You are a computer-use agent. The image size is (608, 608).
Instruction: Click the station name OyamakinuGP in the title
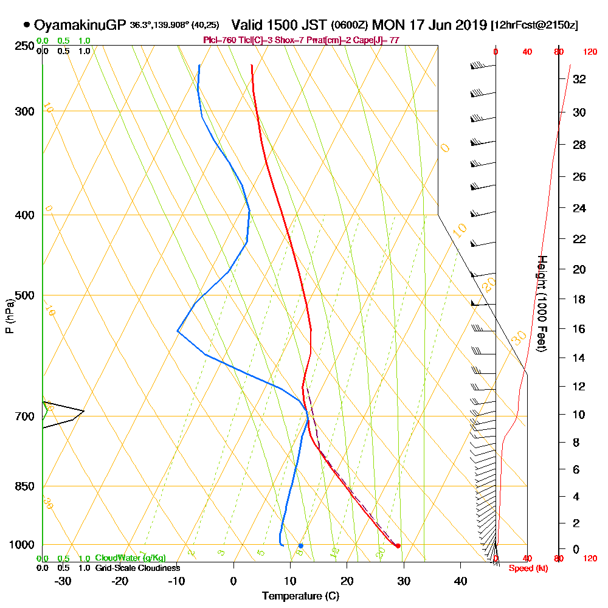click(x=80, y=26)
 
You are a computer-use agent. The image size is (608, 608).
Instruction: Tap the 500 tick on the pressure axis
click(x=24, y=295)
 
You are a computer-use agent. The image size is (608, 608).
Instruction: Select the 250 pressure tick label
click(x=24, y=46)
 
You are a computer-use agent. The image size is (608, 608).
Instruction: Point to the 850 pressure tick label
click(x=24, y=486)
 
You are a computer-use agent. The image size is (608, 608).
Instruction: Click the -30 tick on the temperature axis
click(x=63, y=581)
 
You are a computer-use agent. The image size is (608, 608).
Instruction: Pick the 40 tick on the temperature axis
click(x=460, y=581)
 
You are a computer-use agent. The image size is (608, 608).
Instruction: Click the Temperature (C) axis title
click(x=300, y=596)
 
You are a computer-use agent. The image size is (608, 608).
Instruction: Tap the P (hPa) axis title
click(x=9, y=316)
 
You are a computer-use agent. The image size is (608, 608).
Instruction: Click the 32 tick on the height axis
click(x=579, y=78)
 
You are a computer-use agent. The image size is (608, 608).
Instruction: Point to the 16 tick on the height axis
click(x=579, y=329)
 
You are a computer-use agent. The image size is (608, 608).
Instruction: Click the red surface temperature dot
click(x=398, y=545)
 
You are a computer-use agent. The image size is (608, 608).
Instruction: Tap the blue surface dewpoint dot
click(x=300, y=545)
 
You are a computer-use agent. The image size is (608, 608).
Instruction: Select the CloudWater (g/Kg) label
click(x=130, y=558)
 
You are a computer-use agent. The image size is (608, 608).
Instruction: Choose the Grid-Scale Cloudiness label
click(x=137, y=568)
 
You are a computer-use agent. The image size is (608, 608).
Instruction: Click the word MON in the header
click(x=386, y=26)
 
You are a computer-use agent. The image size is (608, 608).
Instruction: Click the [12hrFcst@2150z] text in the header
click(x=534, y=26)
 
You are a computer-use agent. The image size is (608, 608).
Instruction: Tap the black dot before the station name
click(x=27, y=25)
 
